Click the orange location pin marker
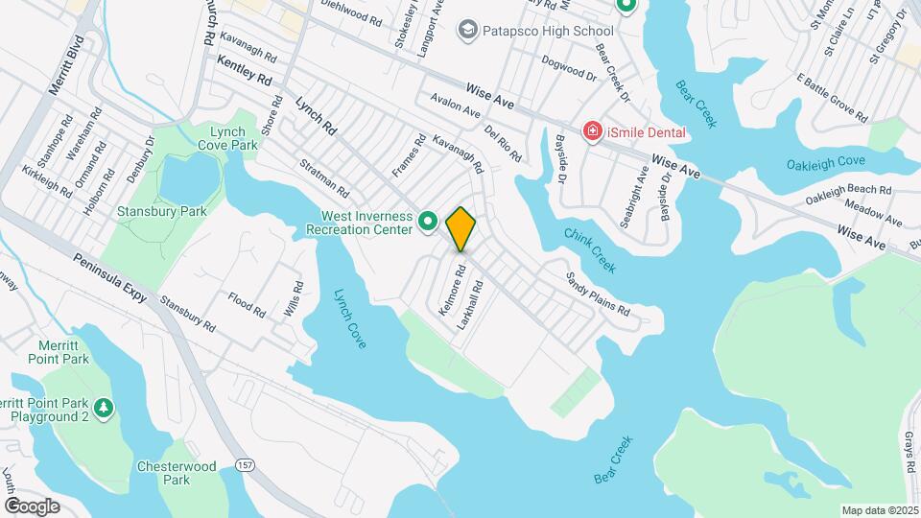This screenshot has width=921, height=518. click(x=460, y=227)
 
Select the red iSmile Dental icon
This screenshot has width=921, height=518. click(x=593, y=131)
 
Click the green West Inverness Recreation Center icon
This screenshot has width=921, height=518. click(x=428, y=223)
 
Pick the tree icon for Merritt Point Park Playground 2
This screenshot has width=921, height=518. click(x=103, y=410)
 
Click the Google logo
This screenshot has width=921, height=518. click(x=32, y=506)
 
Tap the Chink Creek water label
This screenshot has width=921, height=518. click(x=590, y=249)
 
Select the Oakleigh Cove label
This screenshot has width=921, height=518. click(x=826, y=163)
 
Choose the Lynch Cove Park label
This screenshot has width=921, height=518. click(x=234, y=137)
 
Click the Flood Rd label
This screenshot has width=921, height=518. click(x=247, y=305)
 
